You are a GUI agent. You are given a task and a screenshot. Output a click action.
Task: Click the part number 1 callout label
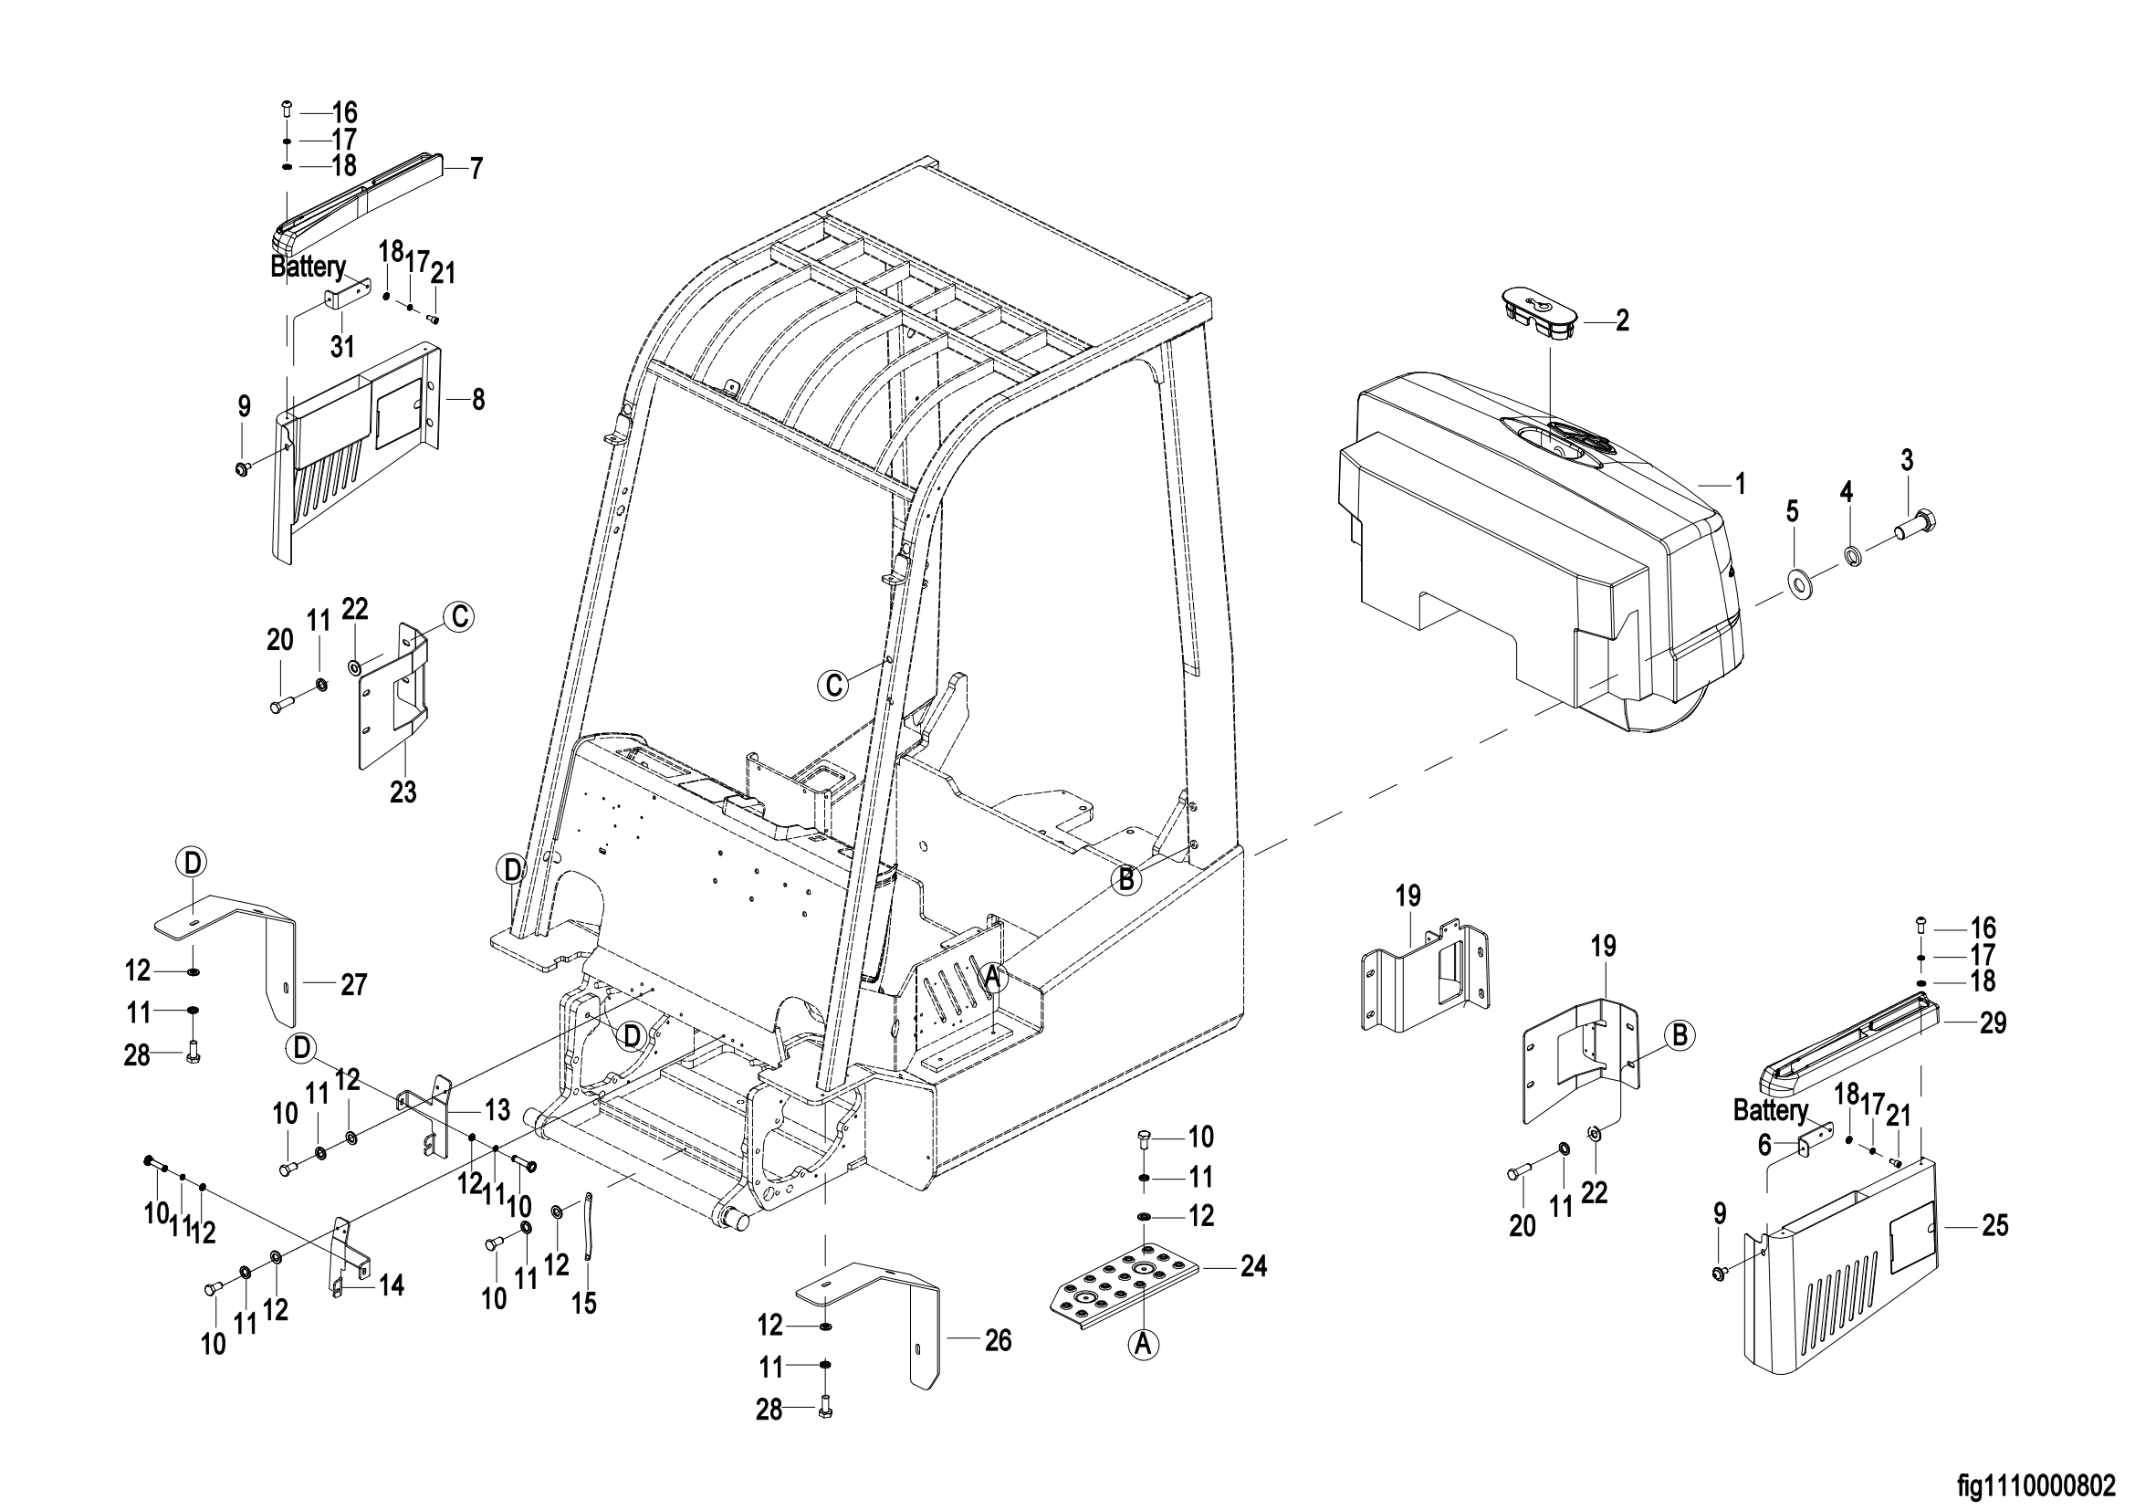[x=1739, y=485]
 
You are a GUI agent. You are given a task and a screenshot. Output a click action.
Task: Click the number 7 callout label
[x=476, y=168]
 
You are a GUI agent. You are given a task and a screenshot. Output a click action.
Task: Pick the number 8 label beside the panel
[x=478, y=400]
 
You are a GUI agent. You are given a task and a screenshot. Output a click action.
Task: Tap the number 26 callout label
[x=998, y=1340]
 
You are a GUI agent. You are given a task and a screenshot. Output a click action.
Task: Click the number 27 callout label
[x=353, y=985]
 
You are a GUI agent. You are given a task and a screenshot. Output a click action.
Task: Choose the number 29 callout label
[x=1994, y=1023]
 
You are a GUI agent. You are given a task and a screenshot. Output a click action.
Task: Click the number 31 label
[x=343, y=347]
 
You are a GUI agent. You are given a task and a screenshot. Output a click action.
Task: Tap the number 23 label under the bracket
[x=403, y=792]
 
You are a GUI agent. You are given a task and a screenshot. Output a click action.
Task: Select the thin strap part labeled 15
[x=589, y=1224]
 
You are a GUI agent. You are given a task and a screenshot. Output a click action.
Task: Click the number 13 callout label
[x=497, y=1109]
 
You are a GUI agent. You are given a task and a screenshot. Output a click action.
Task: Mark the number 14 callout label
[x=392, y=1285]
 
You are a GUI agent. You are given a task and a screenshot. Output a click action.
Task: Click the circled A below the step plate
[x=1145, y=1345]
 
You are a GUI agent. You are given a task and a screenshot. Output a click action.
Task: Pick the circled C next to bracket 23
[x=458, y=617]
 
